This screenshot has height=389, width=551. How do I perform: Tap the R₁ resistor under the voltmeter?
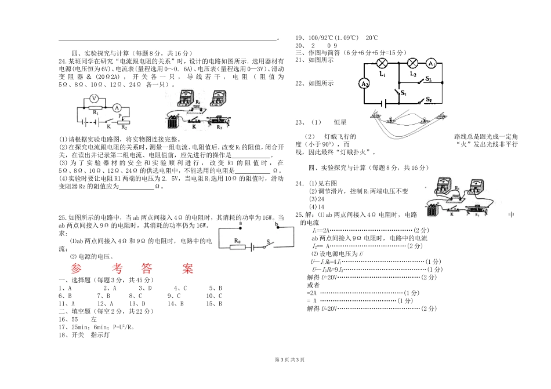pyautogui.click(x=95, y=108)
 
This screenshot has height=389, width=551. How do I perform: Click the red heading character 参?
pyautogui.click(x=76, y=269)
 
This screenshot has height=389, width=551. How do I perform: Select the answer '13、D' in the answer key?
pyautogui.click(x=136, y=303)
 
